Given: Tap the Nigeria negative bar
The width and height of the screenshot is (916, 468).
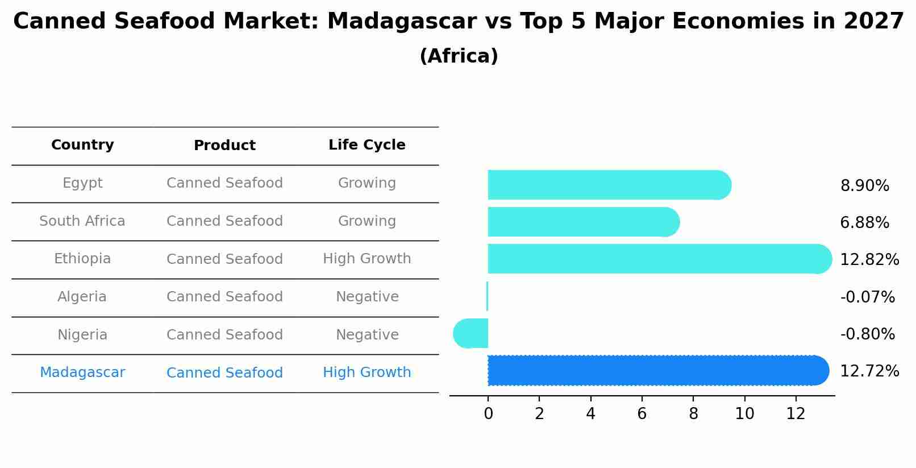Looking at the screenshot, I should coord(471,333).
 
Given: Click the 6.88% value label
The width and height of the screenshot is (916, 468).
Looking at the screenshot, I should coord(864,222).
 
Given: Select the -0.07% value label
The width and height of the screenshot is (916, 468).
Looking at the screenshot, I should coord(867,297).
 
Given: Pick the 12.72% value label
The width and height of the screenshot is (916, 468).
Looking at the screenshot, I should coord(869,371).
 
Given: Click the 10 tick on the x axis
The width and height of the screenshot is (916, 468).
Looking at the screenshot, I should coord(744,414).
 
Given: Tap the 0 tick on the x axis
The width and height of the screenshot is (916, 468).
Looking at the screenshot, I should coord(488,414).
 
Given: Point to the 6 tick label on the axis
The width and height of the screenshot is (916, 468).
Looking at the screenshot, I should coord(642,414).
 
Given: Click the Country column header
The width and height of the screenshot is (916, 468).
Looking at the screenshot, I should coord(82,145).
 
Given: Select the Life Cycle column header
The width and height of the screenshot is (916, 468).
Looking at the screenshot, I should coord(367,145).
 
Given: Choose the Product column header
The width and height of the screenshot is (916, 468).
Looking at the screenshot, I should coord(224,146).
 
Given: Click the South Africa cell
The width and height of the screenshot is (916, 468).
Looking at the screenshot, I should coord(82,221).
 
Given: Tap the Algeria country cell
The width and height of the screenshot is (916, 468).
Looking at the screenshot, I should coord(82,297).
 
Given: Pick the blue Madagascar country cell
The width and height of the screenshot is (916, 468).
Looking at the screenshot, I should coord(82,372).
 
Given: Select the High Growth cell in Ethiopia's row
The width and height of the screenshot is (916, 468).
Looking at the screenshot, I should coord(367,259).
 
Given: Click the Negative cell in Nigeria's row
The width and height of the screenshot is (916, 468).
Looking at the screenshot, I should coord(367,335).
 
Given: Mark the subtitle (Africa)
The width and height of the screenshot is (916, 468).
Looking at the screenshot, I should coord(459,56).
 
